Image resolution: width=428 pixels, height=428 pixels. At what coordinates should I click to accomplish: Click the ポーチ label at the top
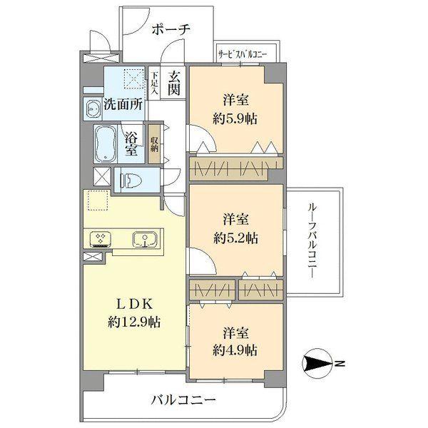171,29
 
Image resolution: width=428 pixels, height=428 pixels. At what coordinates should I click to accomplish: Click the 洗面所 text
123,103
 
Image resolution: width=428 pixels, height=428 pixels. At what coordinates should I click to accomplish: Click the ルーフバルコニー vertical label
314,240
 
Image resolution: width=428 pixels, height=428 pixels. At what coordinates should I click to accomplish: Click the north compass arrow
318,365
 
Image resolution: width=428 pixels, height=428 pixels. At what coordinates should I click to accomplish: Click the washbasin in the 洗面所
93,108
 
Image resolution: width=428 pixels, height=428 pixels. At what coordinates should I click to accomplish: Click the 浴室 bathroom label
131,144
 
